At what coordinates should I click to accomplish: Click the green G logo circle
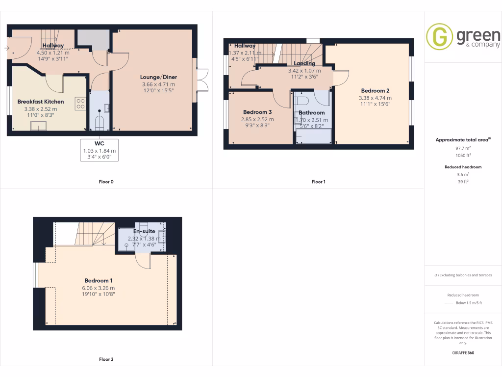(x=440, y=37)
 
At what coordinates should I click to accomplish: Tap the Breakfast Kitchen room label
(x=41, y=102)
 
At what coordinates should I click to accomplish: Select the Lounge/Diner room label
(x=158, y=77)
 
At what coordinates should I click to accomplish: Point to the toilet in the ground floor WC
(x=100, y=121)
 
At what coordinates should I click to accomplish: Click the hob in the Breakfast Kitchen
(x=80, y=104)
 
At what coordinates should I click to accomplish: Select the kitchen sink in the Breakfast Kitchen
(x=38, y=126)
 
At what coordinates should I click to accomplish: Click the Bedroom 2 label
(x=375, y=91)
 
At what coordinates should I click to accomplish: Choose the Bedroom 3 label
(x=257, y=112)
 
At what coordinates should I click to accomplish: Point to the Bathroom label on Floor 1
(x=312, y=112)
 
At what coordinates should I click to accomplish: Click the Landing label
(x=304, y=64)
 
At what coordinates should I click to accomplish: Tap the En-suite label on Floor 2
(x=144, y=231)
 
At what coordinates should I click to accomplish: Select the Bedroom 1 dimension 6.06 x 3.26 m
(x=99, y=288)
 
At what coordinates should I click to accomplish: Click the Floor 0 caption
(x=106, y=182)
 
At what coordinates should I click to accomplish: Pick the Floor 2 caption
(x=106, y=359)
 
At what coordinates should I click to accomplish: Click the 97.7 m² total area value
(x=463, y=148)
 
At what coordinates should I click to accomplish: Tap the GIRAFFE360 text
(x=463, y=353)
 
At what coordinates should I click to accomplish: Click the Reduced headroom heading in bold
(x=463, y=167)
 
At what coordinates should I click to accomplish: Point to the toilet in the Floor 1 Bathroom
(x=302, y=101)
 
